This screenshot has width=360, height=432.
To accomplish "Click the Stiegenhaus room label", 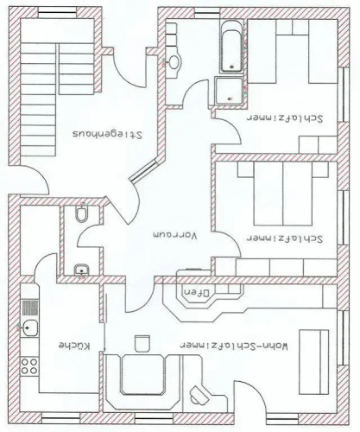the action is (x=107, y=135).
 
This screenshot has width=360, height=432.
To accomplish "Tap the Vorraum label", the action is (x=175, y=235).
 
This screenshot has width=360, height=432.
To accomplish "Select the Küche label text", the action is (x=74, y=346).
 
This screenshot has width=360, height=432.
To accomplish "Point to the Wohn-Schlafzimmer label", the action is (x=234, y=346).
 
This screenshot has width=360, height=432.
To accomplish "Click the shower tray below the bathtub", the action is (x=229, y=91).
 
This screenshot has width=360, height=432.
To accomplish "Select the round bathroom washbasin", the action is (x=174, y=62).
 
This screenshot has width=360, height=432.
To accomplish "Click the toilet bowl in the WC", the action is (x=82, y=213).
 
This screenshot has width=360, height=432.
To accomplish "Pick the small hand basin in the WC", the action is (x=82, y=270).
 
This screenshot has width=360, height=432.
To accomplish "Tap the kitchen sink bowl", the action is (x=29, y=327).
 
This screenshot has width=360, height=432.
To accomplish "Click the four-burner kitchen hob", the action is (x=29, y=365).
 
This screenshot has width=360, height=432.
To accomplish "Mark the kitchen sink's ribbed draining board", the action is (x=30, y=308).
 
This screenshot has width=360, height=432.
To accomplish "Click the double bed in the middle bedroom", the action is (x=283, y=194).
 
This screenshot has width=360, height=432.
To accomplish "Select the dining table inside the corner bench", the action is (x=143, y=374).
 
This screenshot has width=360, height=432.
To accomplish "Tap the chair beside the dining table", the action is (x=142, y=343).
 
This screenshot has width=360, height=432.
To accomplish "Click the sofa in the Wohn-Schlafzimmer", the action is (x=313, y=362).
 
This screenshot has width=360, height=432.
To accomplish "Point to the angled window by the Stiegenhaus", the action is (x=143, y=172).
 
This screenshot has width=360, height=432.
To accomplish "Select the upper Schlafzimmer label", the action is (x=285, y=118).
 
